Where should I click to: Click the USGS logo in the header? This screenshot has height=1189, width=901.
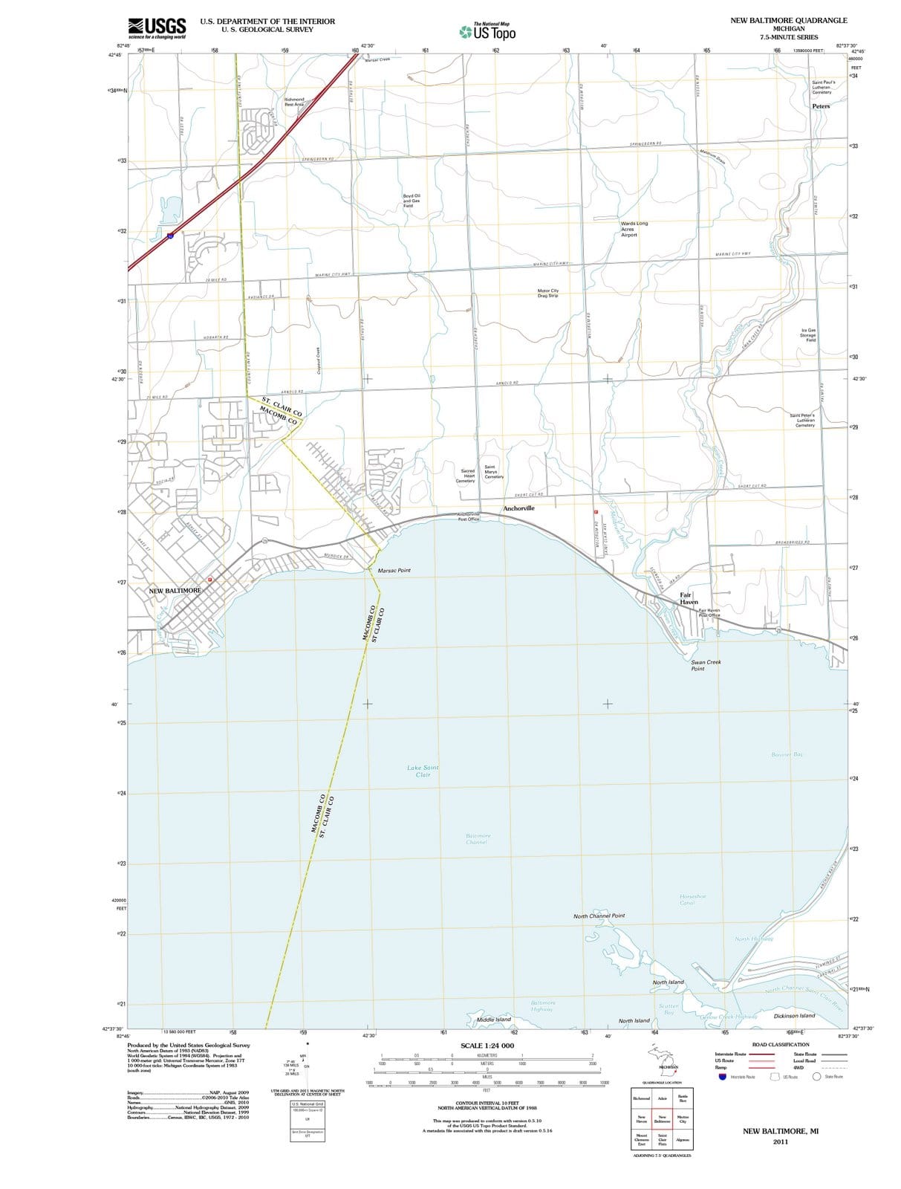click(157, 27)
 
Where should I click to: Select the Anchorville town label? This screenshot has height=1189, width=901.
click(518, 508)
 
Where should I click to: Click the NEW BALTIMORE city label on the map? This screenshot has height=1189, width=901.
click(175, 591)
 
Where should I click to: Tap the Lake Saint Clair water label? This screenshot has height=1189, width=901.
click(423, 771)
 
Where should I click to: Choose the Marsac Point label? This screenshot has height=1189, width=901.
click(394, 571)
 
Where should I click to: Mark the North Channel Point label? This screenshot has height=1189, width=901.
click(599, 916)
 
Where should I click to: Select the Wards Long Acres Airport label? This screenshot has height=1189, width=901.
click(634, 229)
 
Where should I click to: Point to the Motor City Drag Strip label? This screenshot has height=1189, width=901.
click(548, 294)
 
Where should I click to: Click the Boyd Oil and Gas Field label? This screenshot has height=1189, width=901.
click(412, 201)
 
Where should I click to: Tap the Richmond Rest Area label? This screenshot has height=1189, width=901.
click(294, 102)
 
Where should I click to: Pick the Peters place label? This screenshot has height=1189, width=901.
click(821, 106)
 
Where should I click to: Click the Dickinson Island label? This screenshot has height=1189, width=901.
click(794, 1016)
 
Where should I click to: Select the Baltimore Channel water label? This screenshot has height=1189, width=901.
click(478, 839)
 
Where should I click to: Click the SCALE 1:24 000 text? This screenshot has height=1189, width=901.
click(487, 1046)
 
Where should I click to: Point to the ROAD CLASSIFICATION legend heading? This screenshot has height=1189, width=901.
click(781, 1045)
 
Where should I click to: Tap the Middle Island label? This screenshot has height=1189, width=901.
click(493, 1020)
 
